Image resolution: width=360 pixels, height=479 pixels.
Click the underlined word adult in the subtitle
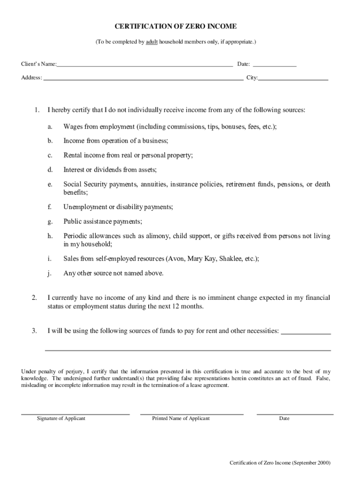(x=151, y=42)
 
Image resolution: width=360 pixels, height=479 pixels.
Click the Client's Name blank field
(x=144, y=64)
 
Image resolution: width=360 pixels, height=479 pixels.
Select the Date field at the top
(x=274, y=64)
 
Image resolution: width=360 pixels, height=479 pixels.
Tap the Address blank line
(x=143, y=78)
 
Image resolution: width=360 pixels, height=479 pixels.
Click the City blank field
(x=293, y=78)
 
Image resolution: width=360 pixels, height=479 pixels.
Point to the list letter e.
(x=49, y=185)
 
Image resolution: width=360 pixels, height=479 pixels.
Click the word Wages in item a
(x=73, y=127)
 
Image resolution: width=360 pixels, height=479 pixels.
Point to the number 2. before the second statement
(x=34, y=298)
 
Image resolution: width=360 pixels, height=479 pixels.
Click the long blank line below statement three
(x=187, y=350)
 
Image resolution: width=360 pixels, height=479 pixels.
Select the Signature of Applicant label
(x=61, y=419)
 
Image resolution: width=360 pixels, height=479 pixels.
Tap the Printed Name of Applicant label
(x=181, y=419)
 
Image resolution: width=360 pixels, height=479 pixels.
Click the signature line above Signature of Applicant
(x=75, y=414)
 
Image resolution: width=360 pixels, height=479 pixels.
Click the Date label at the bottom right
(x=284, y=419)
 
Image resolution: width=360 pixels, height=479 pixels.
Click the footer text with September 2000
(x=280, y=463)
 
